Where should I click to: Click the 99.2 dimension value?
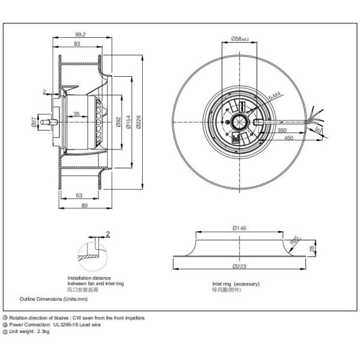click(79, 35)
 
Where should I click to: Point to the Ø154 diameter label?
click(127, 123)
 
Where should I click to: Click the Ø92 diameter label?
click(118, 123)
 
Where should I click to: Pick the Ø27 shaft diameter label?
click(34, 123)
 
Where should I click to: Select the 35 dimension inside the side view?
click(77, 114)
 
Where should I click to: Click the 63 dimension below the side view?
click(79, 195)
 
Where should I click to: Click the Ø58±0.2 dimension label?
click(239, 39)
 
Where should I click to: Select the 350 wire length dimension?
click(283, 130)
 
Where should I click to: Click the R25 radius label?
click(295, 242)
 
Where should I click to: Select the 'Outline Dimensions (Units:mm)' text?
click(54, 298)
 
